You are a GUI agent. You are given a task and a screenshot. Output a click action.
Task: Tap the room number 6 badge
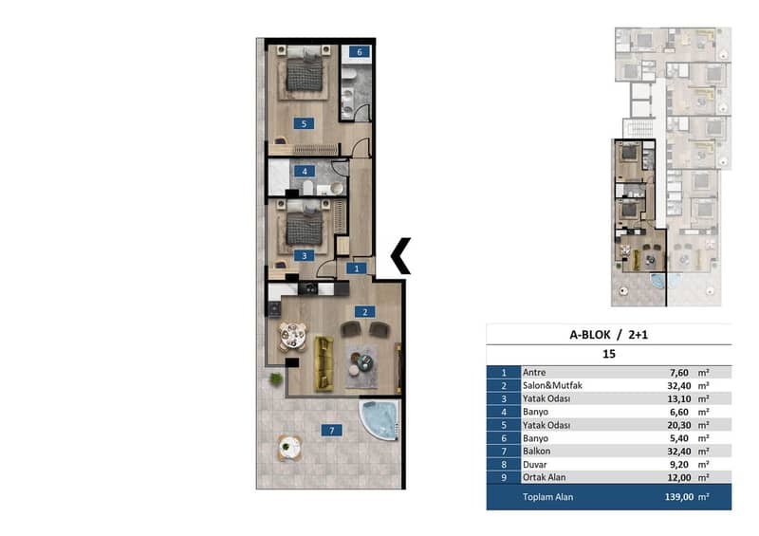point(360,52)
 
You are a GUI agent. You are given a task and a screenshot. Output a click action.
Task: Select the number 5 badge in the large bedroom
point(304,123)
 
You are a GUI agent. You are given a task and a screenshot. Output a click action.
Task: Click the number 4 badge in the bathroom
point(305,171)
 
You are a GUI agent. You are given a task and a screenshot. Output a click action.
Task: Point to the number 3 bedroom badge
point(304,255)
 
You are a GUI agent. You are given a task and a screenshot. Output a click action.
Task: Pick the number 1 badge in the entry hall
point(357,268)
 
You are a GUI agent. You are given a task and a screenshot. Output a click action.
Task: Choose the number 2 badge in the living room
point(364,312)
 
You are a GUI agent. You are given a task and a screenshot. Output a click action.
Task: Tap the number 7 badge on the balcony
point(331,430)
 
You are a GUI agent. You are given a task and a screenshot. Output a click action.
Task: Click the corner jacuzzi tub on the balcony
point(379,419)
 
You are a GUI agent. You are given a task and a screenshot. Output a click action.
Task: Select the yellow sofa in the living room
point(324,363)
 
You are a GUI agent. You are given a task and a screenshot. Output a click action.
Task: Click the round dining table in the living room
point(292,336)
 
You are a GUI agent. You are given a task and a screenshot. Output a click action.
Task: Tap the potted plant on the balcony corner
point(276,379)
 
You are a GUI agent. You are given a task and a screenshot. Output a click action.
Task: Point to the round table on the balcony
point(289,447)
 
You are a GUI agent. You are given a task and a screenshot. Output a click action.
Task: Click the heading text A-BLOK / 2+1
point(608,335)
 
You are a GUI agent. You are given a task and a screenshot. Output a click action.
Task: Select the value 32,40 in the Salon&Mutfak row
point(678,386)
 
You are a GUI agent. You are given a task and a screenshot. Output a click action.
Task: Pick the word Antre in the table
point(534,372)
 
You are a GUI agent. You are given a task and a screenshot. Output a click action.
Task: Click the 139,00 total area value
point(679,497)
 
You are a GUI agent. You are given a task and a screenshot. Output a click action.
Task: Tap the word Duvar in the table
point(535,464)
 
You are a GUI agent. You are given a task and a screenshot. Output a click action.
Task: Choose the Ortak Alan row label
point(544,477)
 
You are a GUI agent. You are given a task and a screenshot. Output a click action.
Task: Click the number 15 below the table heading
point(608,354)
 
